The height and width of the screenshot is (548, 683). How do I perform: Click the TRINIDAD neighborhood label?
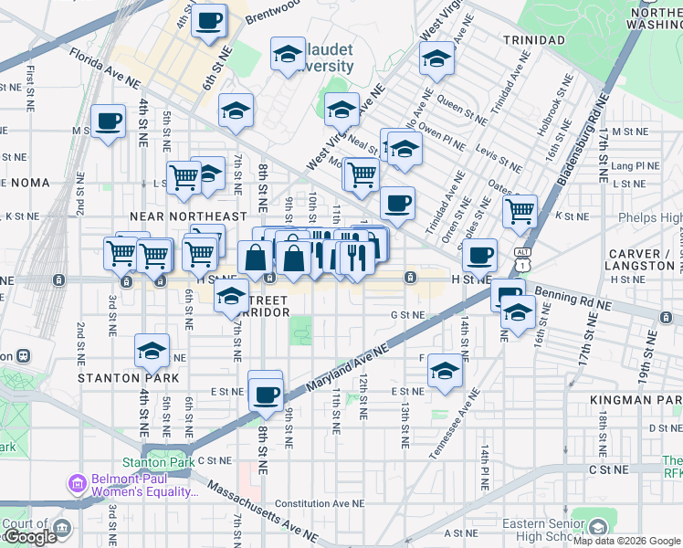[x=534, y=41]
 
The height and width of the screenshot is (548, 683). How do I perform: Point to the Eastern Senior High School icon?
[x=597, y=527]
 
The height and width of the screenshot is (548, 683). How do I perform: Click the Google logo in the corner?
[x=30, y=537]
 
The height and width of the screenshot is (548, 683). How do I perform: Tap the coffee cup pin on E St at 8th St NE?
[x=266, y=394]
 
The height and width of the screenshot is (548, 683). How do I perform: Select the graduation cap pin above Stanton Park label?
[x=152, y=349]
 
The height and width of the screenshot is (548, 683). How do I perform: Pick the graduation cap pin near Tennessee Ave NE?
[x=445, y=370]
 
